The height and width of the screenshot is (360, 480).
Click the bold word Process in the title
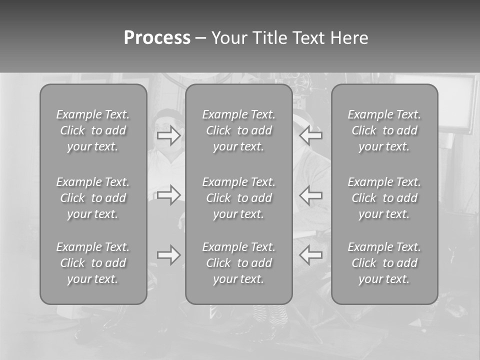click(x=157, y=38)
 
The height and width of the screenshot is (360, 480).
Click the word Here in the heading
click(x=349, y=38)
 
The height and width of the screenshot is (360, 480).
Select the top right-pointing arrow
click(x=169, y=135)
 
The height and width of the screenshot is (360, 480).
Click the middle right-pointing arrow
click(x=169, y=195)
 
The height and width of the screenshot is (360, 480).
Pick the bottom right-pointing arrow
click(x=169, y=255)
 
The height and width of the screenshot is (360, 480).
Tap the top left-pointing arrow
click(x=310, y=135)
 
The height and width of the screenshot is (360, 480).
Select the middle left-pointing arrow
click(x=310, y=195)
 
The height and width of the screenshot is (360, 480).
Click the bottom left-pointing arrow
click(x=310, y=255)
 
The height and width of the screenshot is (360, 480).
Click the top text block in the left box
click(x=93, y=130)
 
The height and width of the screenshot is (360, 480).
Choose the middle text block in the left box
click(x=93, y=198)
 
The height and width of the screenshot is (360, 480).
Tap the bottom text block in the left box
click(x=93, y=263)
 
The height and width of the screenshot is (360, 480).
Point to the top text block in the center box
click(x=238, y=130)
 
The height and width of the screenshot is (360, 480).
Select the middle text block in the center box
click(x=238, y=198)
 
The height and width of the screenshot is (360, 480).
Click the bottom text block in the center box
click(x=238, y=263)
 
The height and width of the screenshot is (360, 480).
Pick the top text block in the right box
click(x=384, y=130)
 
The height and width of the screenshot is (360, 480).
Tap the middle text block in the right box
click(x=384, y=198)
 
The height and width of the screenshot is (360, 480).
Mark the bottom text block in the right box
click(x=384, y=263)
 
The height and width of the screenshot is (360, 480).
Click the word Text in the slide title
click(x=309, y=38)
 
